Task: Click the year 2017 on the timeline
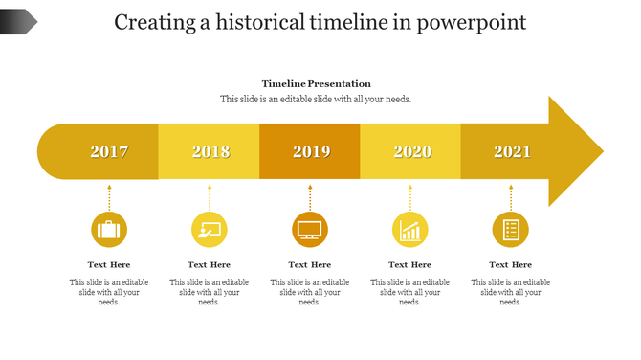pos(109,151)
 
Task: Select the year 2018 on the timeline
pos(210,151)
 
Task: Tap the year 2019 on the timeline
pos(311,151)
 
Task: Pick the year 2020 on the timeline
pos(412,151)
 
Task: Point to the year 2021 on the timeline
pos(512,151)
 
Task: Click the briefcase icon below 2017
pos(109,230)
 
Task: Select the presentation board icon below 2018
pos(210,230)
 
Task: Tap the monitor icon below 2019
pos(310,230)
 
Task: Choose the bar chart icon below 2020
pos(410,230)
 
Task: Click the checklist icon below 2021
pos(511,230)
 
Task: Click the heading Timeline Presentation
pos(316,84)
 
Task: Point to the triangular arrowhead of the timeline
pos(574,151)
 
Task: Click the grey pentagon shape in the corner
pos(18,21)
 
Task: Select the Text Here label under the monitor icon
pos(310,264)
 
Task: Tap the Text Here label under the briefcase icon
pos(109,264)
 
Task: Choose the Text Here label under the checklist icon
pos(511,264)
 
